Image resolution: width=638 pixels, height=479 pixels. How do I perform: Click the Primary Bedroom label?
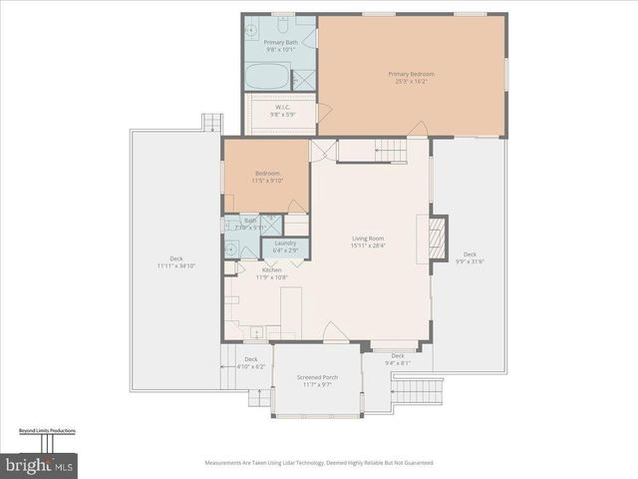point(412,77)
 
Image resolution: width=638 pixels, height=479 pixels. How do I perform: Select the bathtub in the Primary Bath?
point(267,76)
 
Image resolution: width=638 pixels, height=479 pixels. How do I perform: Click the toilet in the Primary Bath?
point(282,22)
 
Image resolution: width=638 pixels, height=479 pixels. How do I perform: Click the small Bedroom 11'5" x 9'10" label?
point(266,177)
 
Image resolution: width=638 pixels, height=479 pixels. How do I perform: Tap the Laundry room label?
point(286,246)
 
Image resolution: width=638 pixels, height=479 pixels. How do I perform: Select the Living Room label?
point(368,241)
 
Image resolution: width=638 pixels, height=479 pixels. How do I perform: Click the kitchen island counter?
point(290,311)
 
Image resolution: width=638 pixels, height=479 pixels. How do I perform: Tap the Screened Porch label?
point(317,380)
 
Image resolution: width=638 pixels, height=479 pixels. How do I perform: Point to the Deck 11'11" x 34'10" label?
point(175,262)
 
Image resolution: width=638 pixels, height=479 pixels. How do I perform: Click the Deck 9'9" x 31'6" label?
point(469,257)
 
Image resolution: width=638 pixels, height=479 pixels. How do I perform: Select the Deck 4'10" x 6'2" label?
point(251,362)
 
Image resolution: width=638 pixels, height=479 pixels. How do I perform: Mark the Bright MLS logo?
point(39,465)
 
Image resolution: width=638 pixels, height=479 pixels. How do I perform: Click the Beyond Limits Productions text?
point(47,431)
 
